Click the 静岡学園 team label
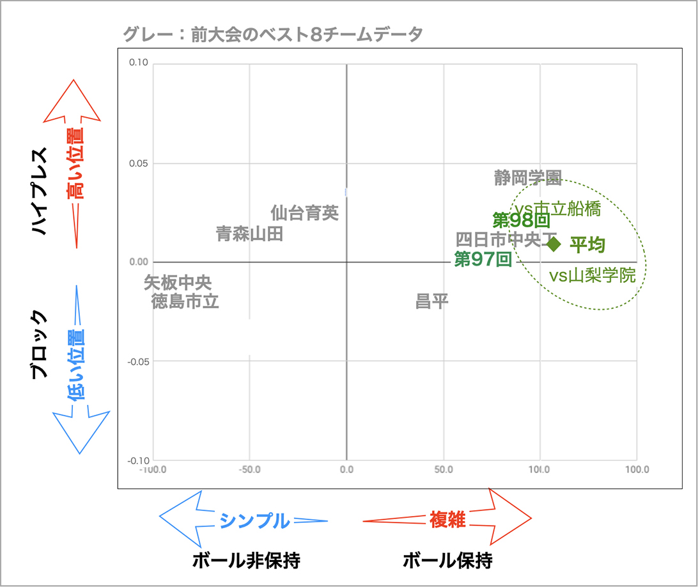(x=528, y=178)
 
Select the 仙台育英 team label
(x=304, y=213)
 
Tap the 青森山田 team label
(x=249, y=234)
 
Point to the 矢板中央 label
(x=177, y=282)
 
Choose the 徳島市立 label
(x=185, y=301)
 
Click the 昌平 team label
(x=432, y=301)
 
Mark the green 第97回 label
(x=483, y=259)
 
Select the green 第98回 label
(x=522, y=220)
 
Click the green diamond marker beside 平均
(x=554, y=243)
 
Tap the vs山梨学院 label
(x=593, y=276)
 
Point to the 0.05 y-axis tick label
(x=139, y=163)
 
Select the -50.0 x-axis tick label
(x=249, y=469)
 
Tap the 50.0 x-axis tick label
(x=443, y=469)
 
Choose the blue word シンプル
(x=254, y=520)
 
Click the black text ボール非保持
(x=246, y=561)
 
